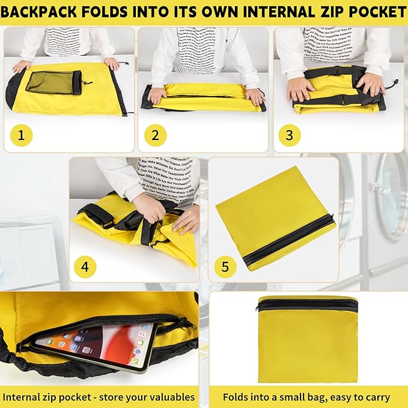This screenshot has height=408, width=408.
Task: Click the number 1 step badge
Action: tap(22, 135)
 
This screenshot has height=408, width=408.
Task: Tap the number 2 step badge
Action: tap(155, 135)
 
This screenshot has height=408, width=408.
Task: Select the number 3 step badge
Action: tap(290, 135)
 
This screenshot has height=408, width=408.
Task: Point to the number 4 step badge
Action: tap(85, 266)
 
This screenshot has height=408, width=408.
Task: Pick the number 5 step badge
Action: tap(225, 266)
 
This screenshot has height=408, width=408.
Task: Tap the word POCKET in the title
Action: tap(371, 12)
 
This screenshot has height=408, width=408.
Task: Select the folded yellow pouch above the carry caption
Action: tap(306, 339)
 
